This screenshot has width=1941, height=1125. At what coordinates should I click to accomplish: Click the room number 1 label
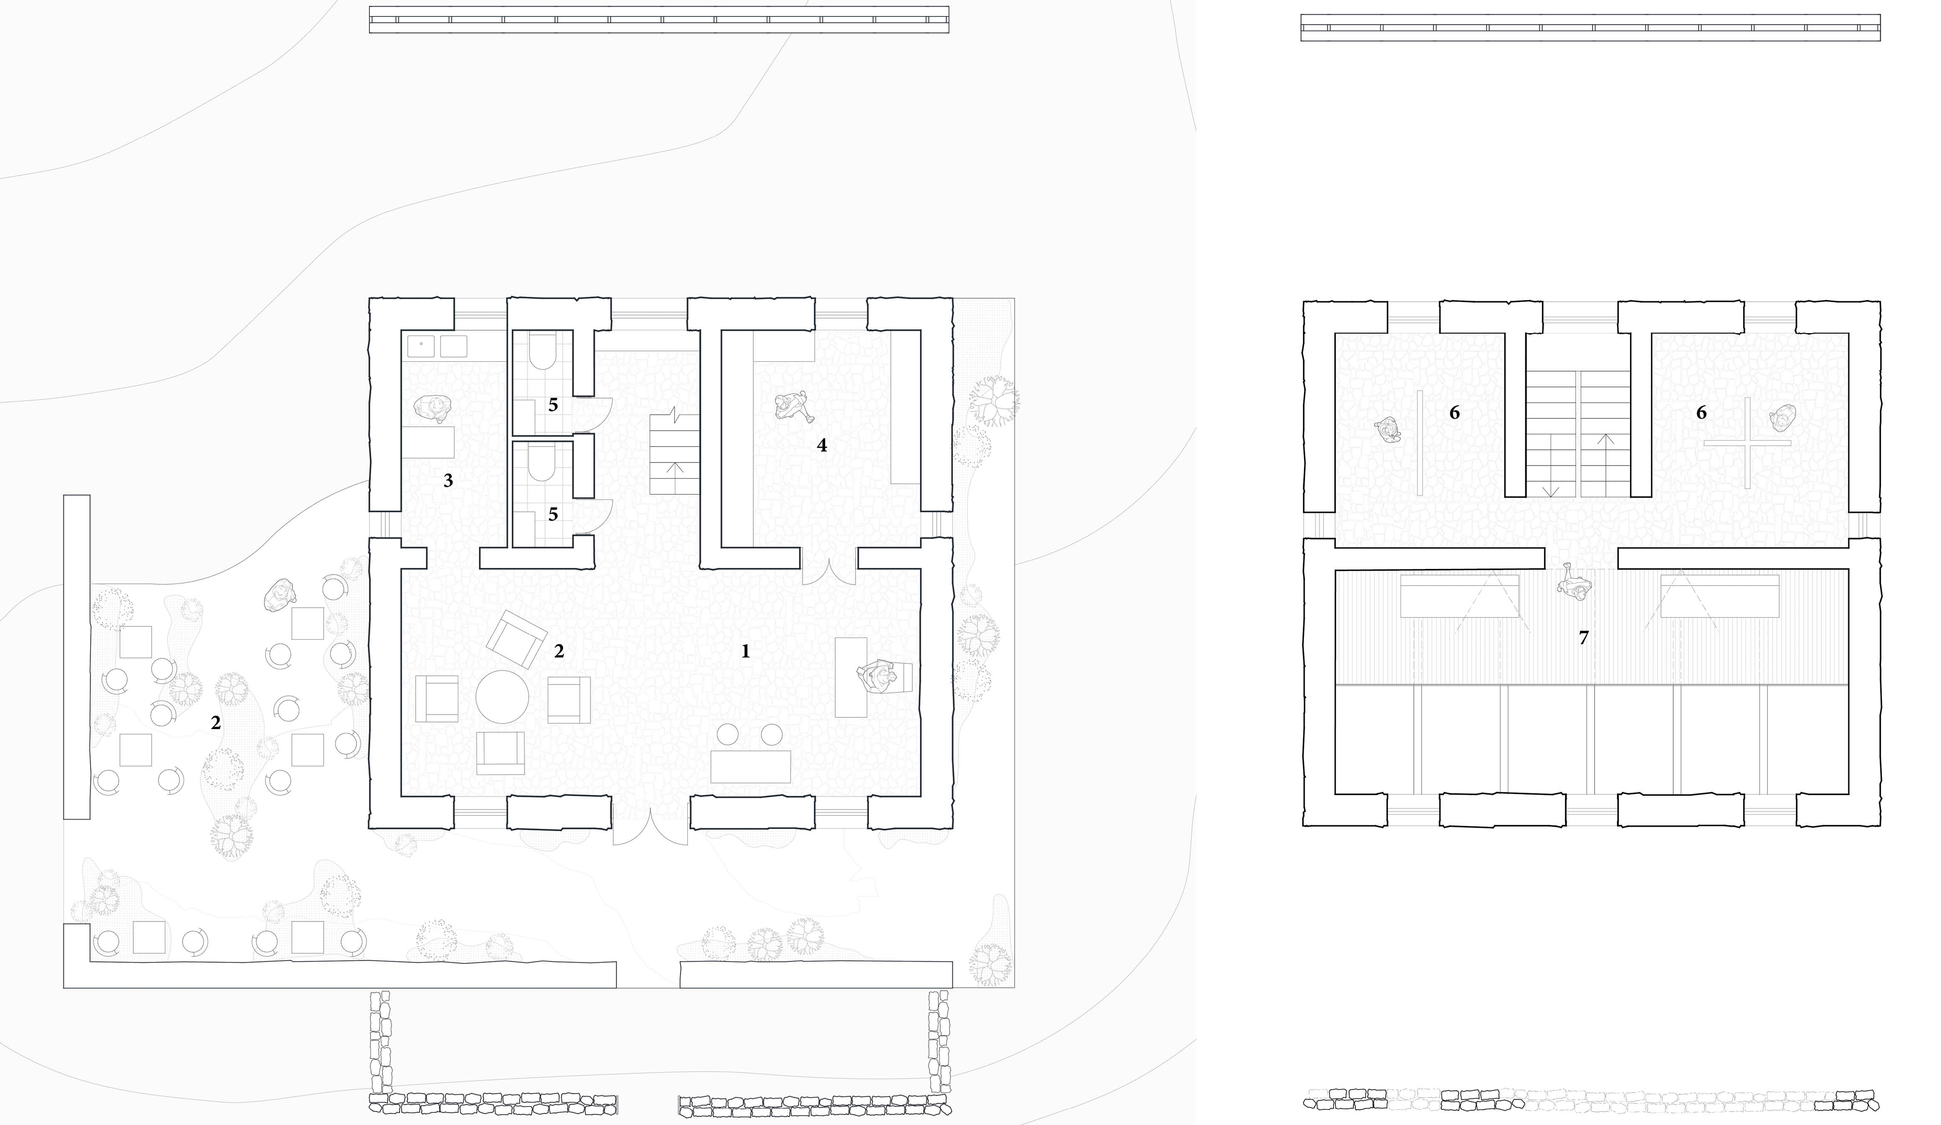745,652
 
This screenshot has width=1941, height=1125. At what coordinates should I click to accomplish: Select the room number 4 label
822,445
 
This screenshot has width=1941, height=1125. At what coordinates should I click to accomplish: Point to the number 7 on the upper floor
1584,638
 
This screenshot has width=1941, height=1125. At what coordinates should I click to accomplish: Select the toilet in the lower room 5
542,466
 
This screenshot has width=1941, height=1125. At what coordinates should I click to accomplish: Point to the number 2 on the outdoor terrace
216,722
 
